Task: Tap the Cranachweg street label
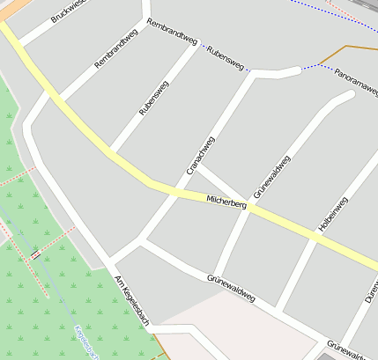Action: pyautogui.click(x=201, y=155)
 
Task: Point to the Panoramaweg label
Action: pyautogui.click(x=356, y=81)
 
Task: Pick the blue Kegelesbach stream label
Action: pyautogui.click(x=85, y=343)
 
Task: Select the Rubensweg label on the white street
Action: pyautogui.click(x=153, y=99)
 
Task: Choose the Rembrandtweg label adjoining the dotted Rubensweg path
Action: pyautogui.click(x=172, y=32)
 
